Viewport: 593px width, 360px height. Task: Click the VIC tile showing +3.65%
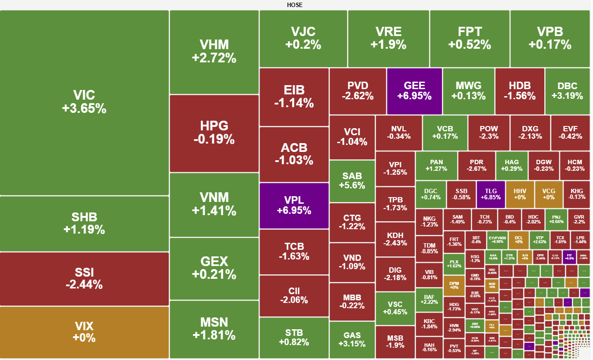pyautogui.click(x=84, y=102)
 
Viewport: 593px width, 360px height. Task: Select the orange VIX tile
pyautogui.click(x=84, y=332)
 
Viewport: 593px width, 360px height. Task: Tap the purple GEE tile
pyautogui.click(x=414, y=91)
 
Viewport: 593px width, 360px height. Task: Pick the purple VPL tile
pyautogui.click(x=294, y=205)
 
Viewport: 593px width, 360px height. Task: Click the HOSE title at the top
pyautogui.click(x=295, y=5)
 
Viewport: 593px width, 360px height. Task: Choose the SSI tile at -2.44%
pyautogui.click(x=84, y=278)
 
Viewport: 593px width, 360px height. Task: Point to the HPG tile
pyautogui.click(x=214, y=133)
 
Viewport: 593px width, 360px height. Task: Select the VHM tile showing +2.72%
pyautogui.click(x=214, y=51)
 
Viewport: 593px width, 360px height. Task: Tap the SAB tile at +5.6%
pyautogui.click(x=352, y=180)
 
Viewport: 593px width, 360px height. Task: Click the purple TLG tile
pyautogui.click(x=491, y=194)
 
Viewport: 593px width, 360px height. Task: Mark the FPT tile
pyautogui.click(x=470, y=38)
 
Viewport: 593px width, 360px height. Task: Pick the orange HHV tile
pyautogui.click(x=520, y=194)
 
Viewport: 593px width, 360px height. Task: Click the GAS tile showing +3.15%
pyautogui.click(x=352, y=340)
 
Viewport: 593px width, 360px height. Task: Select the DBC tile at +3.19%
pyautogui.click(x=567, y=91)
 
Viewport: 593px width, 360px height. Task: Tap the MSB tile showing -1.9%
pyautogui.click(x=395, y=342)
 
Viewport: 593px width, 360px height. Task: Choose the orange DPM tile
pyautogui.click(x=454, y=284)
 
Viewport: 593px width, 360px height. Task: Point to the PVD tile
pyautogui.click(x=358, y=91)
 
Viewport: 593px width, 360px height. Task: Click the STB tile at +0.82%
pyautogui.click(x=294, y=337)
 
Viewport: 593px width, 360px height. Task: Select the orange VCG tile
pyautogui.click(x=549, y=194)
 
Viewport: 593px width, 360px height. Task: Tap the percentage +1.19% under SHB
pyautogui.click(x=84, y=230)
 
